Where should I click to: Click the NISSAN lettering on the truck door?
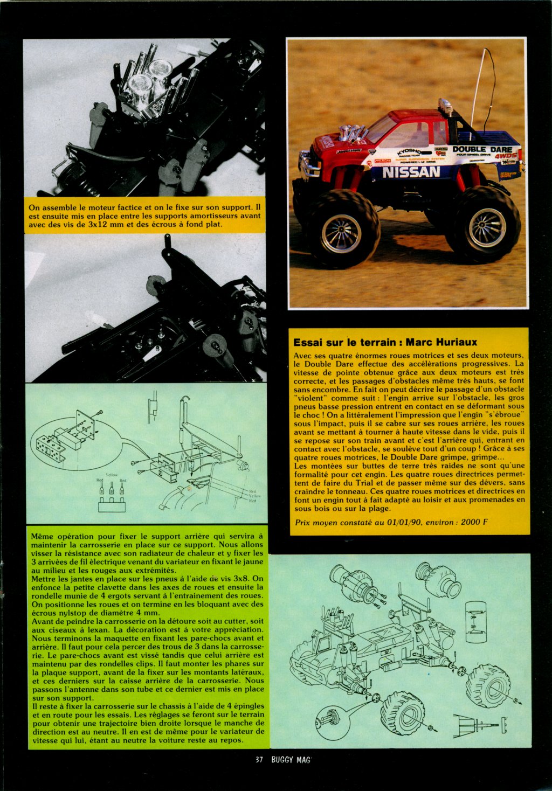[x=411, y=172]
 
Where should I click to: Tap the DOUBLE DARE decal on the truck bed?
[x=482, y=149]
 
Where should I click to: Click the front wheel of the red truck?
[x=341, y=232]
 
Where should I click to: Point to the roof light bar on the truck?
[x=446, y=106]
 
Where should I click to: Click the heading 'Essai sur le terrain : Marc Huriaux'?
[x=385, y=342]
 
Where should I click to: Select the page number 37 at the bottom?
[x=259, y=760]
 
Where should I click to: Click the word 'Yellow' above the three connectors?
[x=112, y=475]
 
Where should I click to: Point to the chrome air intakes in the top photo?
[x=148, y=78]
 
